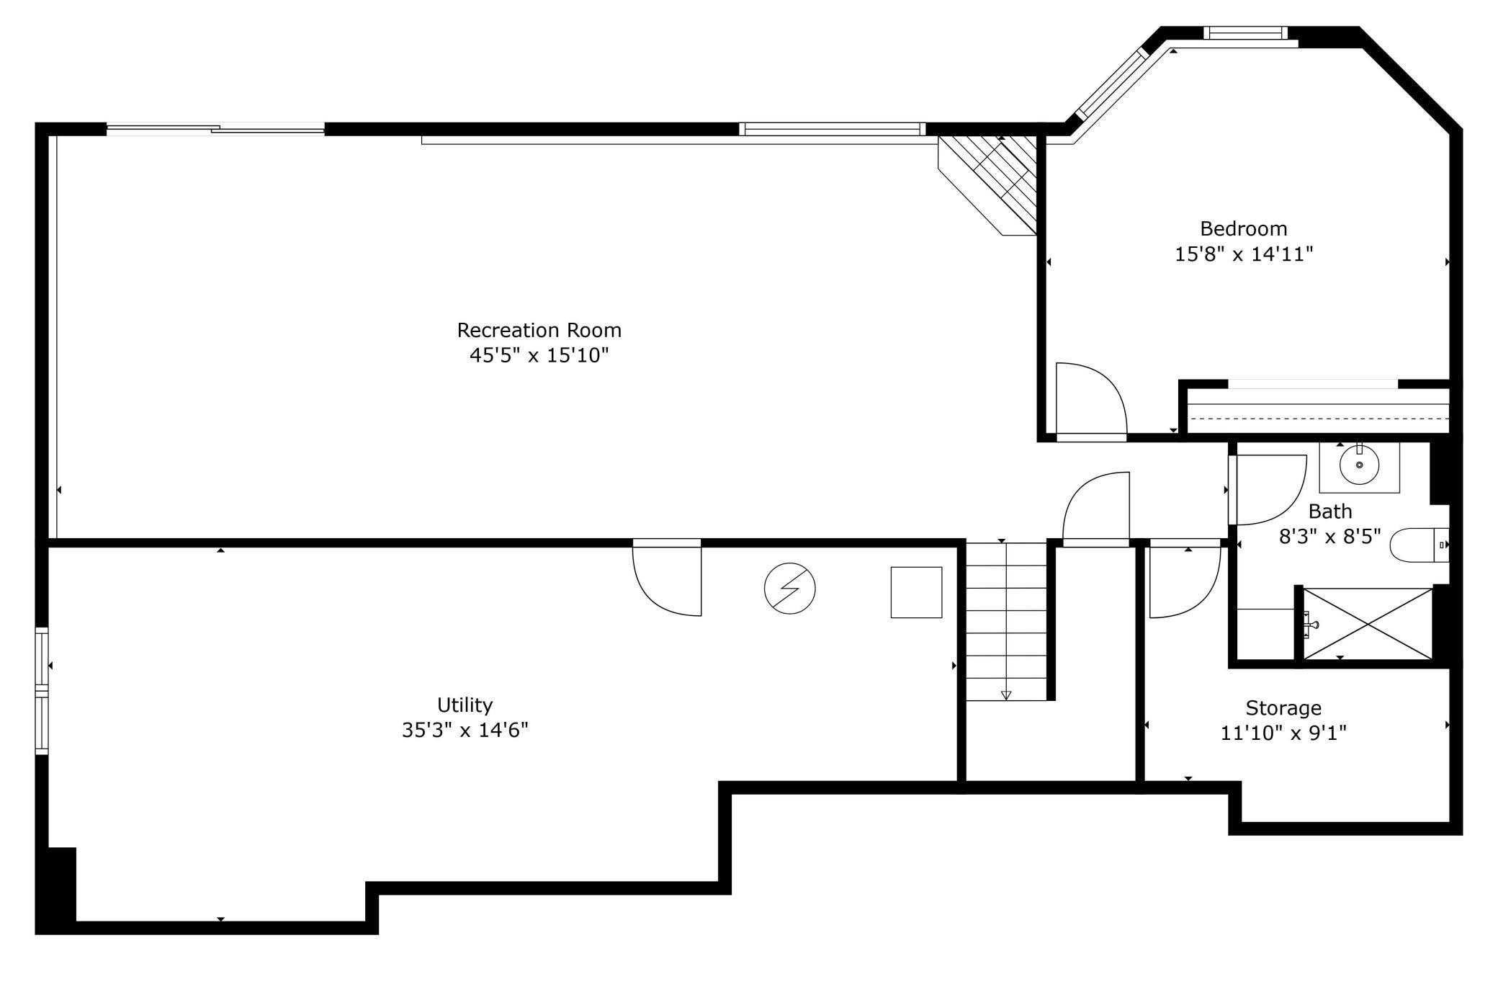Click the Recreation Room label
pyautogui.click(x=539, y=331)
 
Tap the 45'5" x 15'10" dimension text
pyautogui.click(x=539, y=355)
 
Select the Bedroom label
pyautogui.click(x=1243, y=229)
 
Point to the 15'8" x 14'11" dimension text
pyautogui.click(x=1243, y=254)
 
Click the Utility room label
pyautogui.click(x=465, y=705)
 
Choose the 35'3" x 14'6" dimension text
pyautogui.click(x=465, y=730)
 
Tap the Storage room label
pyautogui.click(x=1283, y=708)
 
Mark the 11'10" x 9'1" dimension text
pyautogui.click(x=1283, y=733)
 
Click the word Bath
pyautogui.click(x=1329, y=512)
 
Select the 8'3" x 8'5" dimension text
pyautogui.click(x=1329, y=537)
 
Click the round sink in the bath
pyautogui.click(x=1359, y=465)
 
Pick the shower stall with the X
pyautogui.click(x=1368, y=624)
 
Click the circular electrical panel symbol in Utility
pyautogui.click(x=789, y=589)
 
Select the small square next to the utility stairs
pyautogui.click(x=916, y=592)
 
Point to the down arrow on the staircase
pyautogui.click(x=1006, y=694)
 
